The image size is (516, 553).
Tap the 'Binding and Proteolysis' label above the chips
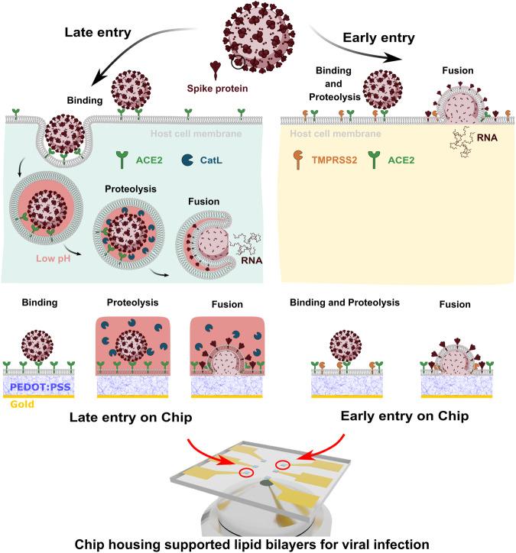[345, 303]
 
